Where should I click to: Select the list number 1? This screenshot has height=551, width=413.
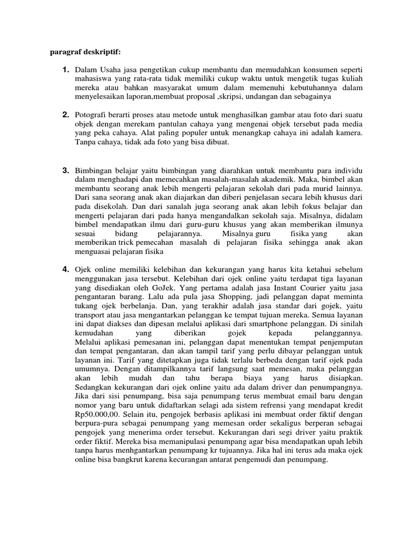(65, 70)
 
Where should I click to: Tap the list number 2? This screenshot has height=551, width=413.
(65, 115)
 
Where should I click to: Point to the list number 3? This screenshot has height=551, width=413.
(65, 171)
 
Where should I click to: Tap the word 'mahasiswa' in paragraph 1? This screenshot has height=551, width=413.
(93, 79)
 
